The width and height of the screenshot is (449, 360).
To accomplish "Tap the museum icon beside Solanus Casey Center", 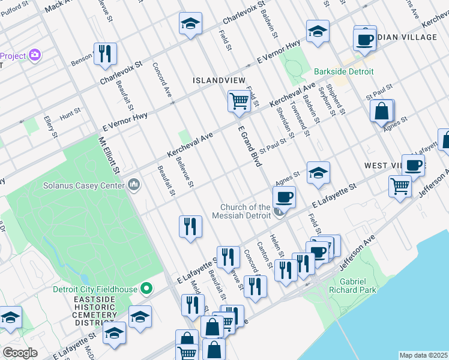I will click(134, 184).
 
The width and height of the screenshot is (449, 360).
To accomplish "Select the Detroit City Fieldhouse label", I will click(95, 289).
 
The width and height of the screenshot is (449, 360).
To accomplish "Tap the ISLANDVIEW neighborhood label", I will click(218, 80).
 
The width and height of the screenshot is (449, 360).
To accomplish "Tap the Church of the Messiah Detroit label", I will click(245, 211).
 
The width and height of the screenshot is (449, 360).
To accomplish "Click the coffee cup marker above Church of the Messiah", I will click(284, 196).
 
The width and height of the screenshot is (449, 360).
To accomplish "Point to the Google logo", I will click(20, 353).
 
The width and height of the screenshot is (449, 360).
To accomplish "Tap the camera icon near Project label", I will click(35, 55).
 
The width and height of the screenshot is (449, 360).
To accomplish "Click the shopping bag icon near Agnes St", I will click(381, 111).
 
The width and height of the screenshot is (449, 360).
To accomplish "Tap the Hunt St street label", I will click(70, 112).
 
